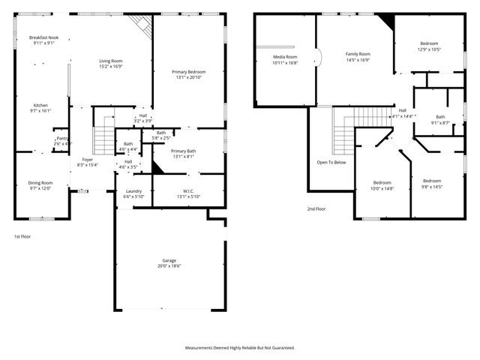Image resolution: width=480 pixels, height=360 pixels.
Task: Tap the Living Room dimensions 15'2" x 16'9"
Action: click(111, 66)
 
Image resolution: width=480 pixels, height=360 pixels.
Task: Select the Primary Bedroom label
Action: click(190, 71)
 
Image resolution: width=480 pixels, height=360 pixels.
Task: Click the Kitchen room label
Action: click(40, 105)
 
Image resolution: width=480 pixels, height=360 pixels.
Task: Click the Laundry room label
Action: click(133, 191)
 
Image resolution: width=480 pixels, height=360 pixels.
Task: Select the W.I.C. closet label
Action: click(188, 191)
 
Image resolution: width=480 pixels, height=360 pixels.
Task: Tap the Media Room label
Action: click(284, 57)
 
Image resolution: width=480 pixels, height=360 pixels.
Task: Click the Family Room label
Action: click(358, 54)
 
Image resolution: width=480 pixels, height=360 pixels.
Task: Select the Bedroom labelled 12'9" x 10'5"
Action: click(429, 44)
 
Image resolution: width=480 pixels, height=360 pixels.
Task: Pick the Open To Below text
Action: click(331, 162)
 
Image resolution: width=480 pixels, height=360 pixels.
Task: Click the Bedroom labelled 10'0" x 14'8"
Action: click(382, 183)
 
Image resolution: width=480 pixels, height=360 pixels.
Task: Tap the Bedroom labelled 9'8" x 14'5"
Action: click(431, 181)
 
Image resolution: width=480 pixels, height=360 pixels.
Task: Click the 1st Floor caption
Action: click(22, 236)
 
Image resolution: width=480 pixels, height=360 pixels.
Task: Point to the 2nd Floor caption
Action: click(316, 209)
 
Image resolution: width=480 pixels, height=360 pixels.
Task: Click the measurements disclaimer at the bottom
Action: click(240, 347)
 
